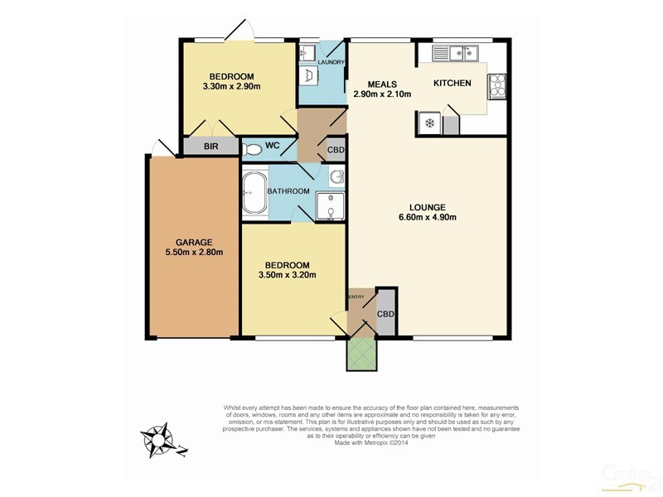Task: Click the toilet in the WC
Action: click(x=253, y=149)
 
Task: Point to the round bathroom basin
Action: click(x=335, y=176)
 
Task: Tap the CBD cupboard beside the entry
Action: click(x=385, y=314)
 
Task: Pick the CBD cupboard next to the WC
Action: click(x=336, y=150)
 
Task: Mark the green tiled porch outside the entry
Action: click(x=361, y=355)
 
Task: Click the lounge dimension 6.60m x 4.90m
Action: click(x=428, y=218)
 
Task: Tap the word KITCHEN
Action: click(x=452, y=83)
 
